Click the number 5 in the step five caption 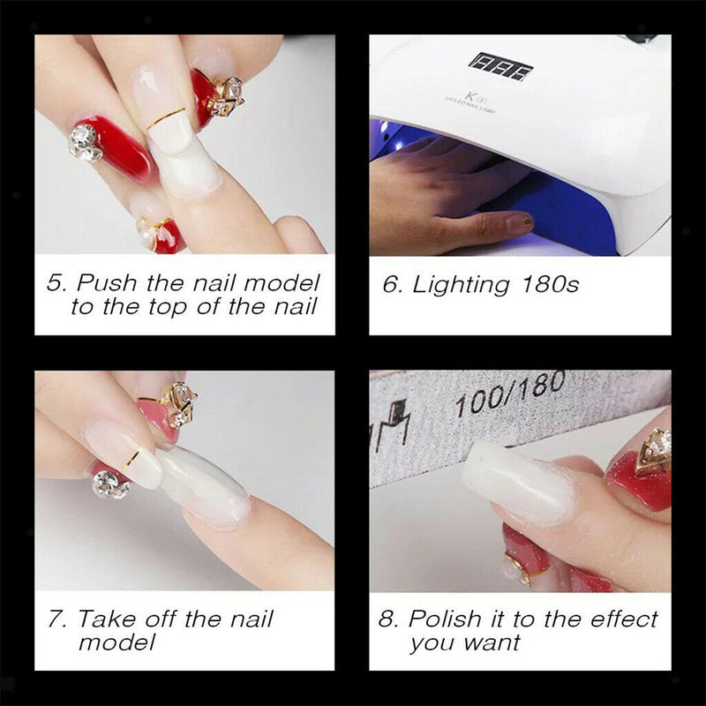point(55,284)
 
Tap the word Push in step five point(102,284)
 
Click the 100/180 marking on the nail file point(496,398)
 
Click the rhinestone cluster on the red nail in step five point(85,141)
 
